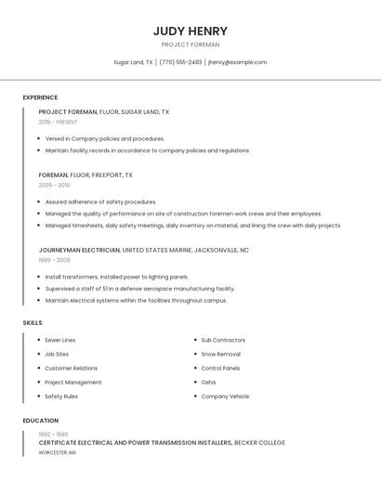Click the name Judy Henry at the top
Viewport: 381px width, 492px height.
(190, 31)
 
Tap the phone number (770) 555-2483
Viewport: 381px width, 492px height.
(180, 62)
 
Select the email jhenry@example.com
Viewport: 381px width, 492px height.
(237, 62)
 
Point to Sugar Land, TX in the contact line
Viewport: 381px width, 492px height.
(133, 62)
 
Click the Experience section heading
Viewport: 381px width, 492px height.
(40, 97)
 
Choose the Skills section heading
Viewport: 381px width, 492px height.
(33, 322)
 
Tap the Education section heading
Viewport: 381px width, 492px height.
(40, 421)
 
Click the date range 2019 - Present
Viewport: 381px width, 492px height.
(58, 122)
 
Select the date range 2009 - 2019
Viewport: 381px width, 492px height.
(54, 185)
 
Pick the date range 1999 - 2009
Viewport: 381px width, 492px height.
(54, 260)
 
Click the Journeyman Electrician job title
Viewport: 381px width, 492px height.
(79, 250)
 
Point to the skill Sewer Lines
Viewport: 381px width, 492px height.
(60, 340)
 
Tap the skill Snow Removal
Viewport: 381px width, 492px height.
(220, 354)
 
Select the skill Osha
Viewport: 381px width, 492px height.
(208, 382)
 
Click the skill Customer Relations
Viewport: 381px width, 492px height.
(71, 369)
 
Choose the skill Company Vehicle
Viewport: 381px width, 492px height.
(225, 396)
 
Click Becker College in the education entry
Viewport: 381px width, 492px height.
(259, 443)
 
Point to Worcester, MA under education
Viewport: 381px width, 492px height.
(58, 453)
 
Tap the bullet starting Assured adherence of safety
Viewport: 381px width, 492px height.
(100, 201)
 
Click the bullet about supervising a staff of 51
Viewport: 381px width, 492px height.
(139, 289)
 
